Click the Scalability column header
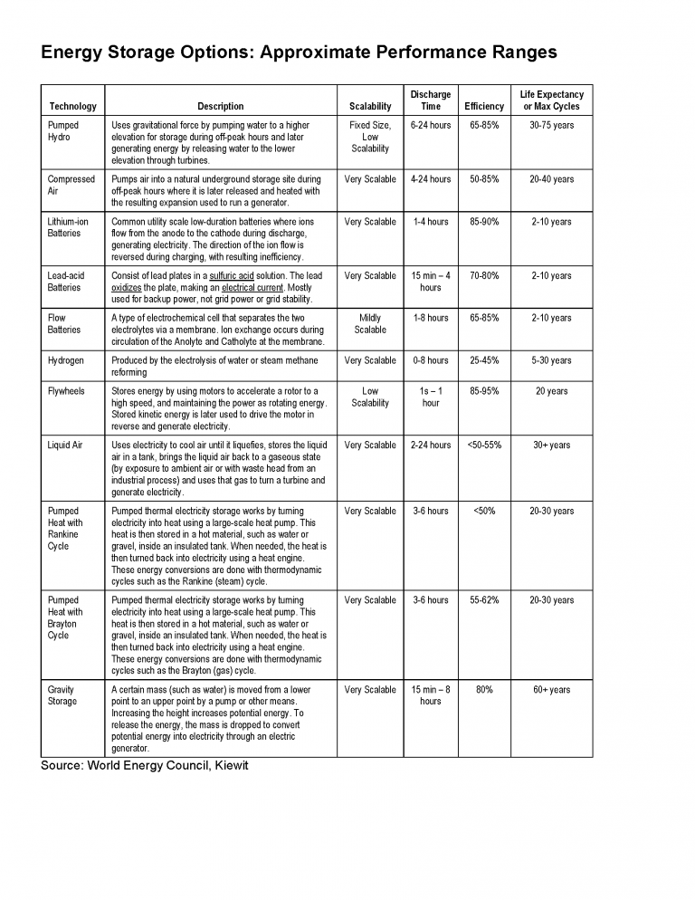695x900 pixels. coord(370,106)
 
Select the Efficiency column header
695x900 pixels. coord(484,106)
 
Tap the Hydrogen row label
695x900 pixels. coord(65,360)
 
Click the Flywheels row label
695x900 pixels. coord(66,391)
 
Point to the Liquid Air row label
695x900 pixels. coord(65,445)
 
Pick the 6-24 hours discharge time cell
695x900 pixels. coord(431,125)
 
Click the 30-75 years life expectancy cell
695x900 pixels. coord(551,125)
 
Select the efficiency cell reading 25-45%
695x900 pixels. coord(484,360)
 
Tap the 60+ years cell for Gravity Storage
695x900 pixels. coord(551,690)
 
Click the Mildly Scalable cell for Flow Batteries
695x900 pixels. coord(370,324)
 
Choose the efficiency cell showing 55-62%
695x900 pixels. coord(484,600)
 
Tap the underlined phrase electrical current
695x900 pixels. coord(252,288)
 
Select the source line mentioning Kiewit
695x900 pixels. coord(145,766)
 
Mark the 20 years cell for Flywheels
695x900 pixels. coord(551,391)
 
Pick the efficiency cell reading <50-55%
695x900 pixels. coord(484,445)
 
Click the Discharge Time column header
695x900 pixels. coord(431,100)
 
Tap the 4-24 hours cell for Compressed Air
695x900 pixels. coord(431,179)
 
